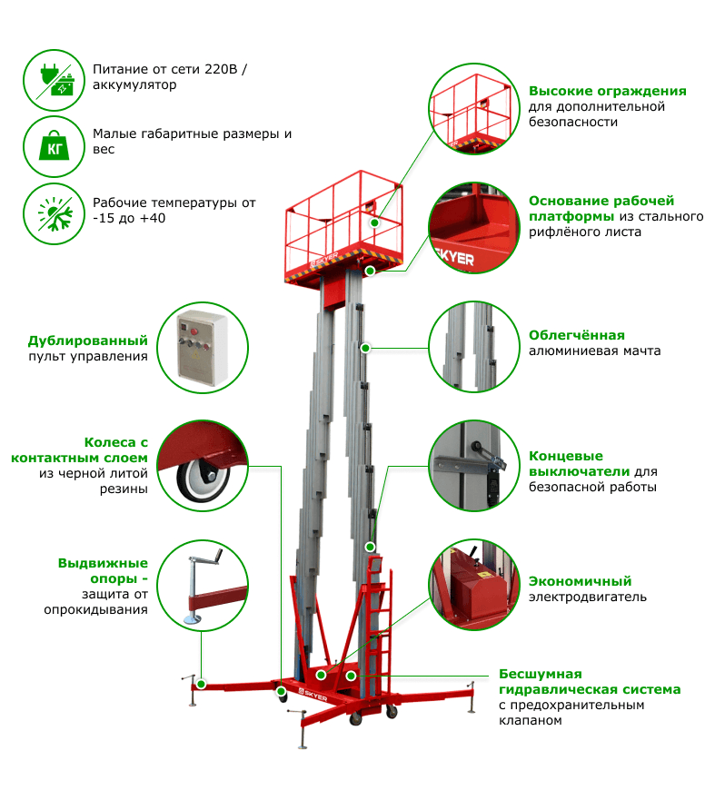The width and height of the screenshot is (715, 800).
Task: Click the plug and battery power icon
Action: tap(54, 80)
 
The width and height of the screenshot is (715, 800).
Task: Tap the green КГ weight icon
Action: tap(54, 147)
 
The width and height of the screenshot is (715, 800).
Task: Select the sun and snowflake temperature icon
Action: tap(54, 213)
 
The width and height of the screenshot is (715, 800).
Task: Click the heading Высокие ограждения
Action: tap(607, 92)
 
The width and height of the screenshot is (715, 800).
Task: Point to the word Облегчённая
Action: tap(577, 335)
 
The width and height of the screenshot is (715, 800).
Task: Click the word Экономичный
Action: tap(580, 581)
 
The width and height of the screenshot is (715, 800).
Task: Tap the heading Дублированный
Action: tap(88, 341)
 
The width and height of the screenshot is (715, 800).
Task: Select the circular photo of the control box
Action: tap(202, 348)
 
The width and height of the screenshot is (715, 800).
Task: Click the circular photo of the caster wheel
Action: tap(202, 466)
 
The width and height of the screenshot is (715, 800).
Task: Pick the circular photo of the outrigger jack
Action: tap(202, 585)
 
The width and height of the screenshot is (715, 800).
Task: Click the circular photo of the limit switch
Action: tap(474, 466)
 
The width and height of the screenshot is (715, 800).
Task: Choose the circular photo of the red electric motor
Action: tap(474, 585)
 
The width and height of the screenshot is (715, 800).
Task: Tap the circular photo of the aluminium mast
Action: tap(474, 347)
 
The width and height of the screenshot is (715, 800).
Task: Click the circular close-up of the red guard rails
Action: tap(474, 109)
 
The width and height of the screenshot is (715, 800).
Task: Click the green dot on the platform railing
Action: tap(374, 222)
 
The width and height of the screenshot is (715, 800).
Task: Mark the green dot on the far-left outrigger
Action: tap(202, 684)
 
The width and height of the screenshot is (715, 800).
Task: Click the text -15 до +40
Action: tap(129, 218)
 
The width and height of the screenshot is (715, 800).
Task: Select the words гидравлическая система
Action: tap(590, 690)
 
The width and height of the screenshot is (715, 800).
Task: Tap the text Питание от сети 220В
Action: tap(164, 69)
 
